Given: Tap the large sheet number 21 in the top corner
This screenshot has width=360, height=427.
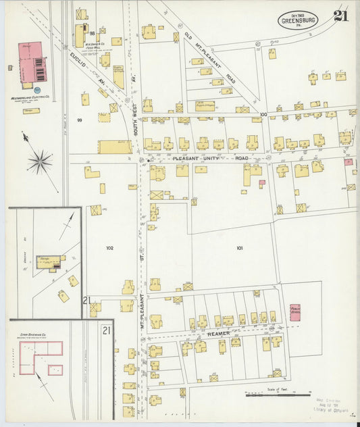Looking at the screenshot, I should tap(341, 16).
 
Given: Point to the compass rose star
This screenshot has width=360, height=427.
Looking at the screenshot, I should tap(40, 161).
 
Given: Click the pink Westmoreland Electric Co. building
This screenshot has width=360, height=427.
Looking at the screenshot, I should tap(31, 64).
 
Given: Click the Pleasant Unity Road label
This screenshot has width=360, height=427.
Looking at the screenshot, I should tap(211, 158).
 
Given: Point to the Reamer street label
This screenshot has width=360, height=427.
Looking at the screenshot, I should tap(220, 333).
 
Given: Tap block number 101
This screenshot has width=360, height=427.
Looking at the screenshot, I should tap(239, 248).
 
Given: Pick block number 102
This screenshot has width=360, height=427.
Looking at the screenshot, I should tap(109, 248).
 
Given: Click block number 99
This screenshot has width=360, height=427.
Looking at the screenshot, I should tap(79, 120).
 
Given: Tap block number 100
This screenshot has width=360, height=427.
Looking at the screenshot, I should tap(263, 114).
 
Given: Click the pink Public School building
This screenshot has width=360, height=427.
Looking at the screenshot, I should tap(295, 311).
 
